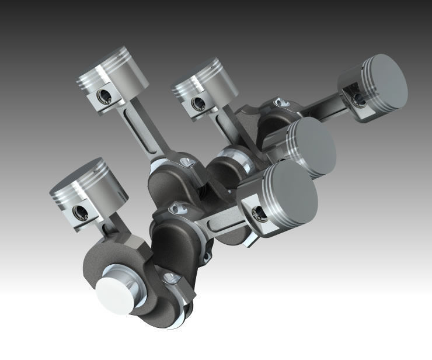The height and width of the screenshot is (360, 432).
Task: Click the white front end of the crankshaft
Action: (114, 290)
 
